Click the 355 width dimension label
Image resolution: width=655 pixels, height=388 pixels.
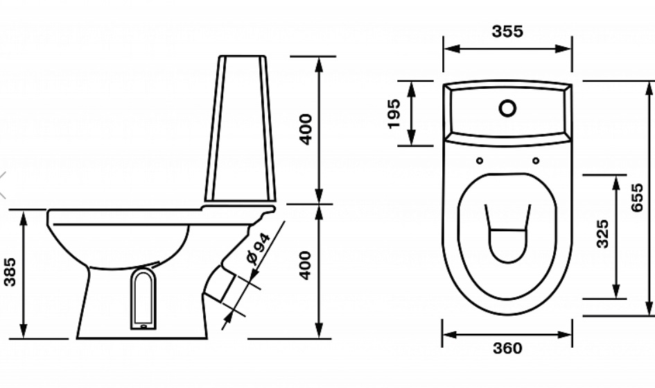(x=507, y=31)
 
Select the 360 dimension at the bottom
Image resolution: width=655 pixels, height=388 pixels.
(x=507, y=348)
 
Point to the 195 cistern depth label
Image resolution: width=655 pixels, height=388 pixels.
(x=394, y=113)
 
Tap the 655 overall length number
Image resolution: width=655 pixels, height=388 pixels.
(x=636, y=197)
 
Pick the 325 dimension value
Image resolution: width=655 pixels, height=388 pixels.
(x=602, y=234)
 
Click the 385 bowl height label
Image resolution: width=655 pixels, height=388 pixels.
(x=10, y=272)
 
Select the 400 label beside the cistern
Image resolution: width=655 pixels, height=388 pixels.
(x=306, y=129)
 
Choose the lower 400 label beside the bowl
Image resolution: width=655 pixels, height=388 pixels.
(x=306, y=265)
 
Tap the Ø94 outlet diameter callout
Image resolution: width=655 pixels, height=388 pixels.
(x=258, y=249)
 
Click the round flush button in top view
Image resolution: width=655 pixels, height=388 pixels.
(x=507, y=108)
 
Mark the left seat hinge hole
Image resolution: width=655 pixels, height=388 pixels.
(x=480, y=160)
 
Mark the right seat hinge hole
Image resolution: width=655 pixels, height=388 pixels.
(x=536, y=160)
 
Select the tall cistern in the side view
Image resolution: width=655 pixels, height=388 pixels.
(x=241, y=128)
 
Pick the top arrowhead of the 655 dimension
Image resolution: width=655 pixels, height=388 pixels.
(x=649, y=89)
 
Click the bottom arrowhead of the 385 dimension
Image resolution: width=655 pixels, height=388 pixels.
(x=24, y=330)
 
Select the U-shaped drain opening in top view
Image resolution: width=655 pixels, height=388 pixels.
(x=507, y=233)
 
